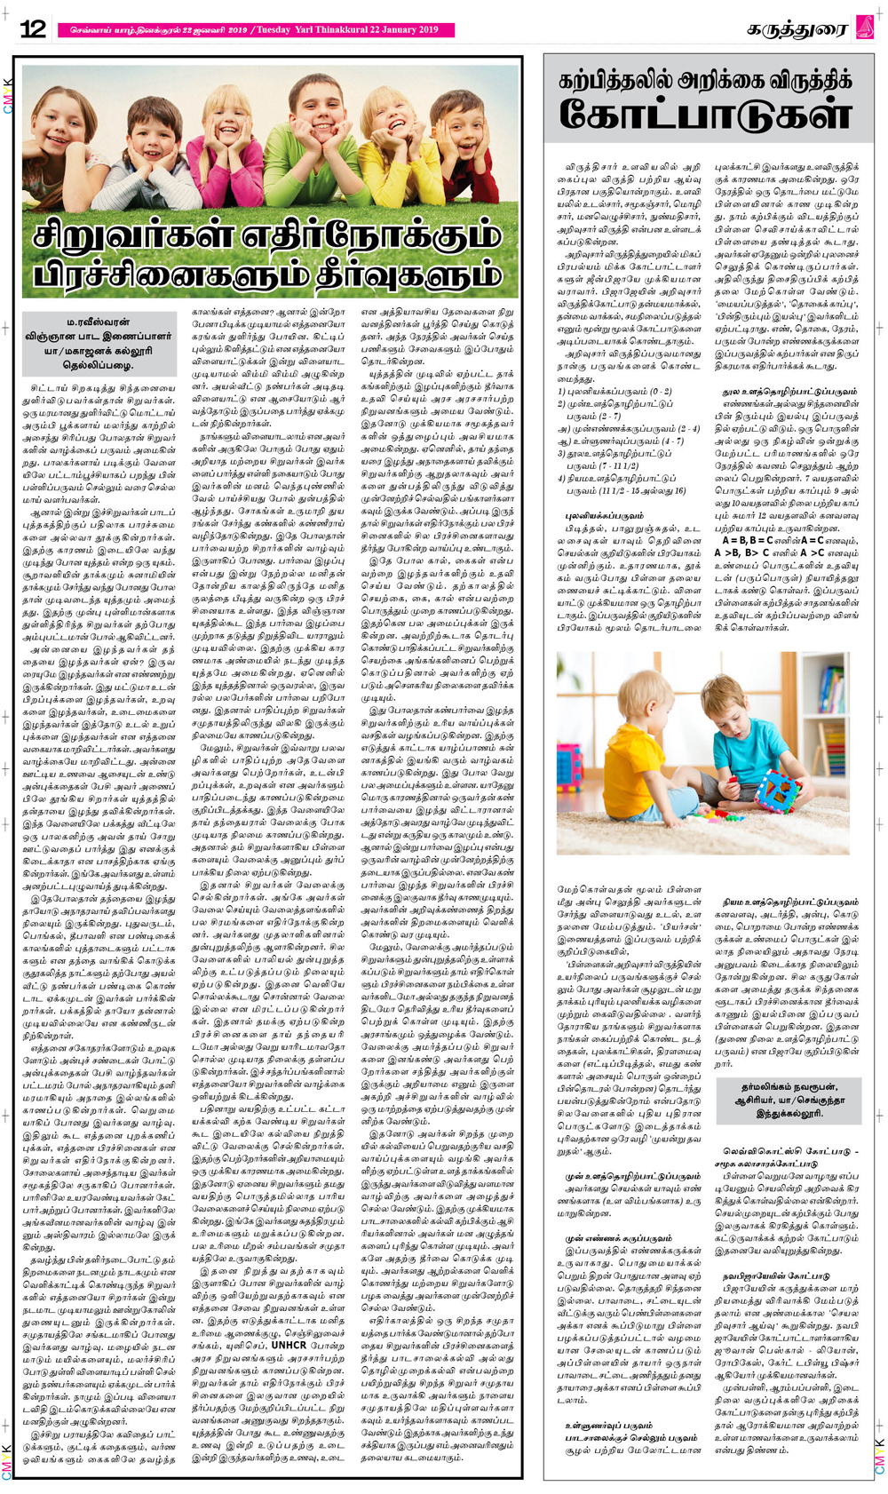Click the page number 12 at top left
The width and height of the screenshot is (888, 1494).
[x=33, y=29]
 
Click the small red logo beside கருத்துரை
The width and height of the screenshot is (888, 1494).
[x=864, y=28]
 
